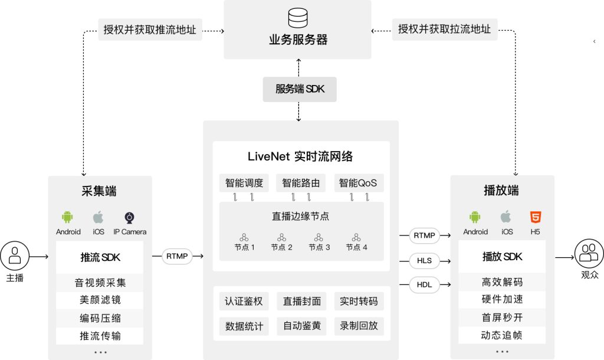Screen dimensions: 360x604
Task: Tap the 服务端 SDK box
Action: point(299,89)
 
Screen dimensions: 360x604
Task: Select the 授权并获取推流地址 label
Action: point(150,29)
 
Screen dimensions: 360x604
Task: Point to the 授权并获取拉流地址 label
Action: point(444,29)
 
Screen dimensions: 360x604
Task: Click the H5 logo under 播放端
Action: point(535,217)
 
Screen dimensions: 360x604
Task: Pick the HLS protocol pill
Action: point(425,260)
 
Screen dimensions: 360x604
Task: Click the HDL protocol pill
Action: point(425,285)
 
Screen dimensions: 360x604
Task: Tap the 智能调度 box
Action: point(244,183)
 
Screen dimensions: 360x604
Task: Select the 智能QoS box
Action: point(357,183)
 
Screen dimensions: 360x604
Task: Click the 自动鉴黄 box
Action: point(301,326)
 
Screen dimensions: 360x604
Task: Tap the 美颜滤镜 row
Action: point(100,300)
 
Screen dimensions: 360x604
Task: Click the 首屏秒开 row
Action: point(502,318)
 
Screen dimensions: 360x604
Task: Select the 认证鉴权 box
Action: point(244,302)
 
